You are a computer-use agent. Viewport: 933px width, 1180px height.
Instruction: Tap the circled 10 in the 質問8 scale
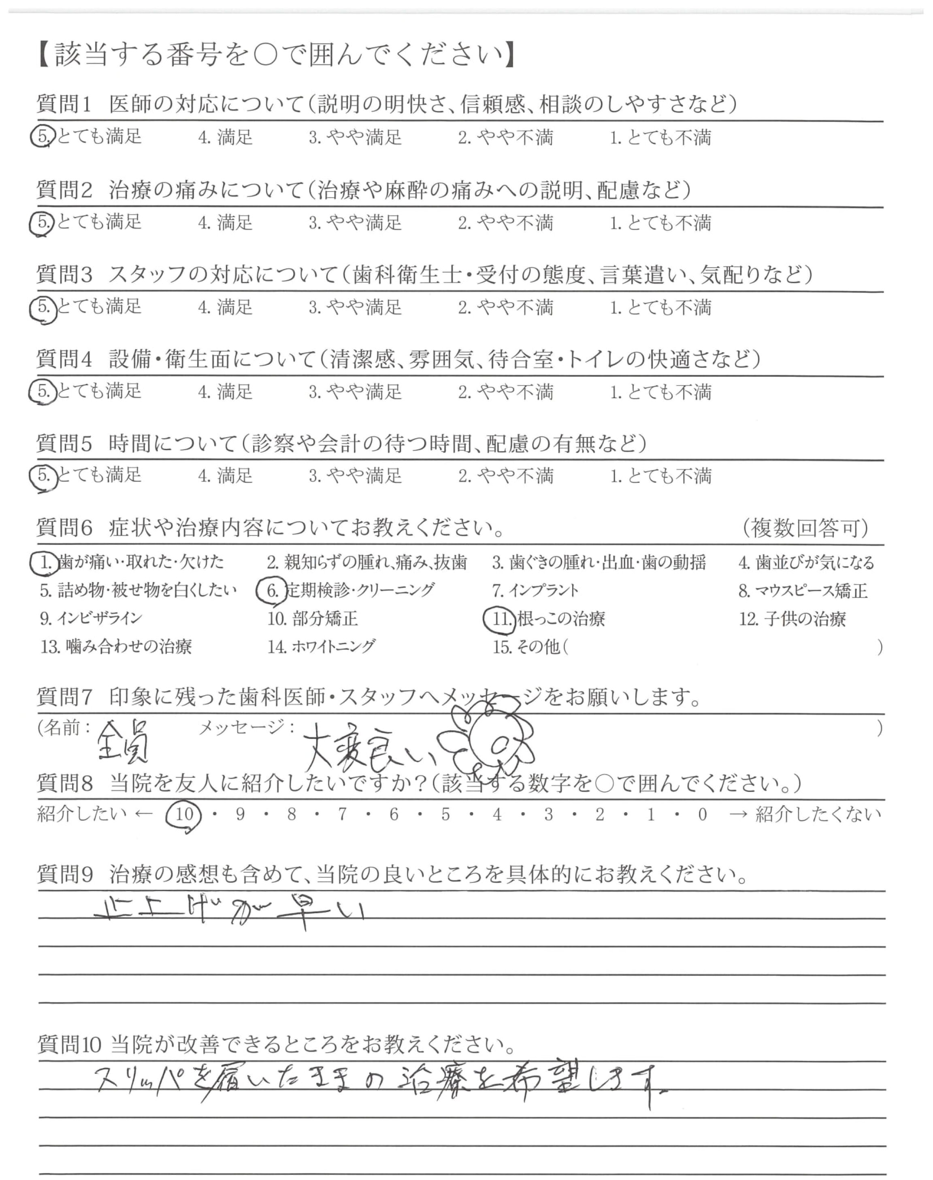click(x=184, y=815)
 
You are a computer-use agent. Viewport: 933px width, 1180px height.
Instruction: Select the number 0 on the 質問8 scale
click(x=703, y=815)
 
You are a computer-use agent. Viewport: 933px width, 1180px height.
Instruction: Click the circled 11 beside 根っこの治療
click(x=501, y=619)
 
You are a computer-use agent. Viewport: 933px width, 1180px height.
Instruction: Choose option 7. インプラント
click(x=535, y=591)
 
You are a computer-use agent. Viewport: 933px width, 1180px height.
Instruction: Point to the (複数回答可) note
click(x=806, y=528)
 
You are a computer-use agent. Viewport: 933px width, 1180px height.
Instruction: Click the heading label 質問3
click(x=64, y=274)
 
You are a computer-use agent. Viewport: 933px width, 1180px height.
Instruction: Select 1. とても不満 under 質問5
click(x=660, y=476)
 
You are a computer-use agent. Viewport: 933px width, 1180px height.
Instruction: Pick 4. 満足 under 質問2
click(x=226, y=222)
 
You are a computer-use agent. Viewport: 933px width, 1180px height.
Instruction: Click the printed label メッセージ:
click(x=246, y=727)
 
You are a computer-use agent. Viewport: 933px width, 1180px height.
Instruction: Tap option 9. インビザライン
click(x=91, y=619)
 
